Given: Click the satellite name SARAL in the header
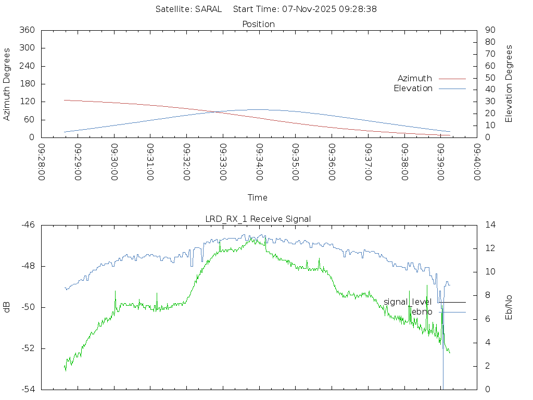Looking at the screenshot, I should coord(208,9).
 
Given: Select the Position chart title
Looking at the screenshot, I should coord(258,24).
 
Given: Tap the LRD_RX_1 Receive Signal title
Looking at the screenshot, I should coord(258,219).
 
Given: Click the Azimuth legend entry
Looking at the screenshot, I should coord(415,78).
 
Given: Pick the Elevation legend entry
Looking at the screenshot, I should coord(413,89).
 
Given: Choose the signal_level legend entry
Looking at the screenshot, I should coord(408,302).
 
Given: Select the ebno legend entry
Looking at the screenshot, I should coord(422,311).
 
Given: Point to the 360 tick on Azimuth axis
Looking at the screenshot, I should coord(27,30).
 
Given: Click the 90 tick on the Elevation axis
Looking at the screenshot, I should coord(489,30).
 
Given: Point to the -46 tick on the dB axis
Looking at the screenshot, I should coord(28,225).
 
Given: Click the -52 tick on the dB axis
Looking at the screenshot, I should coord(28,348).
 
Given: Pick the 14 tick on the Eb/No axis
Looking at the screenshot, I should coord(490,225).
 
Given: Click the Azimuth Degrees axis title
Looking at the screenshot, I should coord(7,84).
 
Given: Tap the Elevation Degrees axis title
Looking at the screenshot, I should coord(509,84).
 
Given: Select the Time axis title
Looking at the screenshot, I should coord(258,197).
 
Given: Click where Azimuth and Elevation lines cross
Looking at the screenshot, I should coord(215,112).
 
